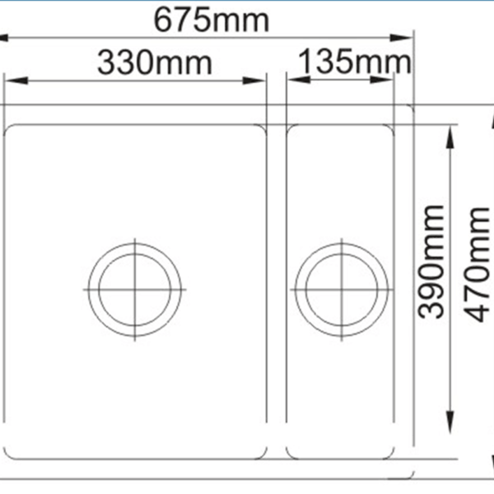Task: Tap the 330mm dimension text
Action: coord(155,62)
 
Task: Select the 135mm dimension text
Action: coord(355,61)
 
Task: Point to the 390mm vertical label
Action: coord(431,261)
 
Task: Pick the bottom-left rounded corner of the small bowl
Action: coord(291,452)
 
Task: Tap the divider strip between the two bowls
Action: coord(277,288)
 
